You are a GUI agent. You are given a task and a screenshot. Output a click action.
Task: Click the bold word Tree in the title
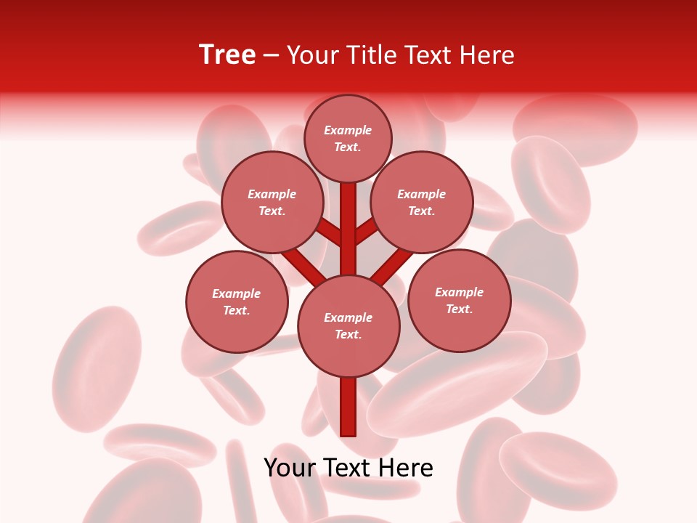[x=227, y=55]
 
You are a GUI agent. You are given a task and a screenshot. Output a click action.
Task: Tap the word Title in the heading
[x=372, y=55]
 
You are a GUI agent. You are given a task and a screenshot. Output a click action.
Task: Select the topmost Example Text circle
[x=348, y=138]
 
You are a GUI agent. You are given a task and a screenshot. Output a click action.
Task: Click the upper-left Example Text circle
[x=272, y=202]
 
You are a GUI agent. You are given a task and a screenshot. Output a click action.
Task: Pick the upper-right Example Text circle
[x=422, y=202]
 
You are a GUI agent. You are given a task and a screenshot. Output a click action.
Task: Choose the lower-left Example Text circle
[x=237, y=301]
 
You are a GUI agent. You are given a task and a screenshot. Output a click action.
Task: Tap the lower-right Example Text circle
[x=459, y=300]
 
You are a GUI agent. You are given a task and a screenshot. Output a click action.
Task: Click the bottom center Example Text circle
[x=348, y=326]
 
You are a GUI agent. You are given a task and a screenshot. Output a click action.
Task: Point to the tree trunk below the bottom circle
[x=348, y=407]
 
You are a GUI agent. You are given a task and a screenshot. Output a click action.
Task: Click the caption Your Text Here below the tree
[x=348, y=468]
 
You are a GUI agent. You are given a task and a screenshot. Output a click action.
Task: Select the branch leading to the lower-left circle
[x=301, y=265]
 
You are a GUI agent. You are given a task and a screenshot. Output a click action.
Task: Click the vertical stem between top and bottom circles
[x=348, y=229]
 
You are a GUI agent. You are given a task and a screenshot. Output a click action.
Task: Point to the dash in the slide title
[x=271, y=56]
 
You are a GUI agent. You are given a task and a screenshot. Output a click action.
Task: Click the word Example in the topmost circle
[x=348, y=130]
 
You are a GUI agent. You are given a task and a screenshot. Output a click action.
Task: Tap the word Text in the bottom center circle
[x=348, y=335]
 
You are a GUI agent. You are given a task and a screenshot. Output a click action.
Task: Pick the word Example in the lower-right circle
[x=459, y=292]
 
